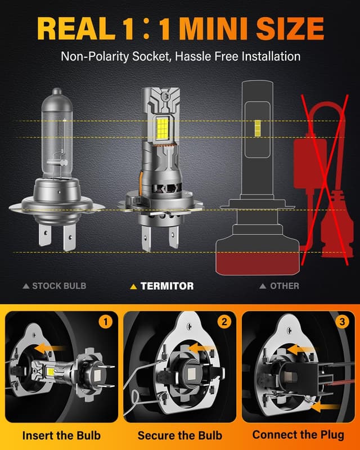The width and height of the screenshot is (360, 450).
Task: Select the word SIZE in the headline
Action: pyautogui.click(x=292, y=29)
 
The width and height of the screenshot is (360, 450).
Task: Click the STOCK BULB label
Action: pyautogui.click(x=59, y=286)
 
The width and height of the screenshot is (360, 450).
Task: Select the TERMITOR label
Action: pyautogui.click(x=166, y=286)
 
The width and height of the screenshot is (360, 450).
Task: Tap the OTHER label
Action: pyautogui.click(x=284, y=286)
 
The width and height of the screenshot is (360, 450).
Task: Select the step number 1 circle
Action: pyautogui.click(x=106, y=322)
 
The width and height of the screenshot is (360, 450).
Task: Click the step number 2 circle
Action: pyautogui.click(x=224, y=322)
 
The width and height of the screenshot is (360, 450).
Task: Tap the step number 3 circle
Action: pyautogui.click(x=341, y=322)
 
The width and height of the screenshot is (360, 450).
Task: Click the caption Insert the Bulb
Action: pyautogui.click(x=60, y=435)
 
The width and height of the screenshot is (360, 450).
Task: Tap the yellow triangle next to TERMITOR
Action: pyautogui.click(x=133, y=286)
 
